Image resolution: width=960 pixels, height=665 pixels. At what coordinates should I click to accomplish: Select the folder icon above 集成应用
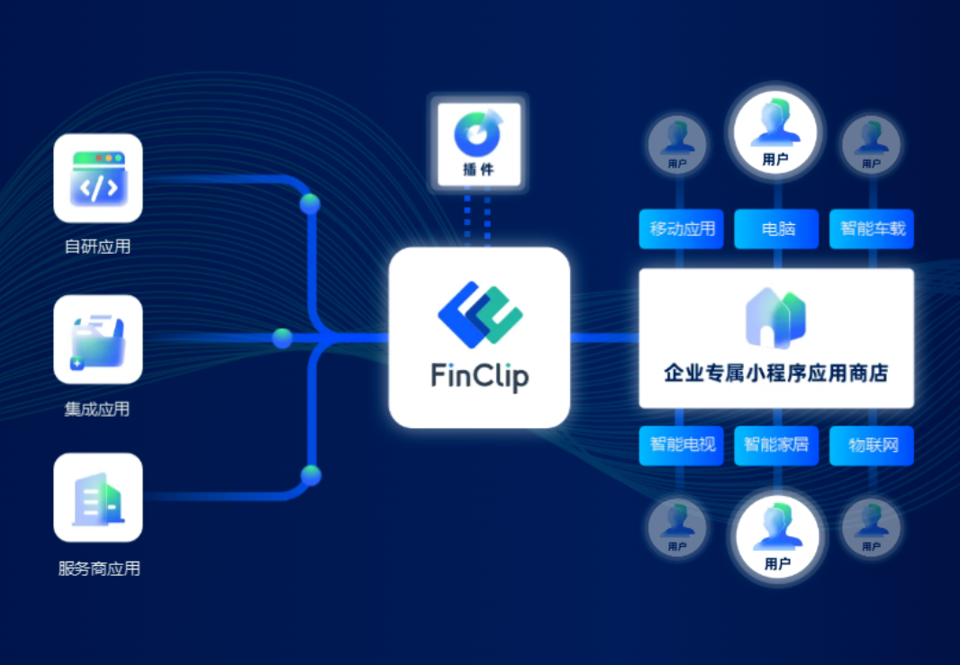pos(98,339)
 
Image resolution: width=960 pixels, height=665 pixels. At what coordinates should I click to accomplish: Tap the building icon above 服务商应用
pos(98,498)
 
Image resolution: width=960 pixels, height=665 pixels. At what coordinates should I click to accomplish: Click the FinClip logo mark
pos(480,311)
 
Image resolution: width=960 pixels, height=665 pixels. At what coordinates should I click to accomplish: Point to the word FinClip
pos(480,375)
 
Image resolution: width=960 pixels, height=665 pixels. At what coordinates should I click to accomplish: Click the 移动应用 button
pos(682,229)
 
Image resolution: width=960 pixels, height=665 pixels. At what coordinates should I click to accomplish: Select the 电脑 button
pos(776,229)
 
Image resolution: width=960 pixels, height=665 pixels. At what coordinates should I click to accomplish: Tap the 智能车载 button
pos(872,229)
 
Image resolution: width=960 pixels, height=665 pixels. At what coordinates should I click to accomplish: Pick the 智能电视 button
pos(682,445)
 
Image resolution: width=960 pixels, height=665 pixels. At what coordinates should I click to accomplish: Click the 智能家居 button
pos(776,445)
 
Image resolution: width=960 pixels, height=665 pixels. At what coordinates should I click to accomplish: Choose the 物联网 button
pos(872,445)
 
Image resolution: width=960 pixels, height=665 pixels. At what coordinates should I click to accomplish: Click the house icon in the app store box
pos(775,318)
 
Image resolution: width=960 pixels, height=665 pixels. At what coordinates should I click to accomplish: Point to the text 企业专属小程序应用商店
pos(775,373)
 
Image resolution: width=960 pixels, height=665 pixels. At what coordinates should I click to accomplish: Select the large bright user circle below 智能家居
pos(776,537)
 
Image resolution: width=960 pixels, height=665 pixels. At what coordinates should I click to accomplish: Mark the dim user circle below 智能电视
pos(677,526)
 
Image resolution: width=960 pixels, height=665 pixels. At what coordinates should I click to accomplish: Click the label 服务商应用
pos(98,569)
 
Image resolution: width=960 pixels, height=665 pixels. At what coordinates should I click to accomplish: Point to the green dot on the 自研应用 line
pos(310,203)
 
